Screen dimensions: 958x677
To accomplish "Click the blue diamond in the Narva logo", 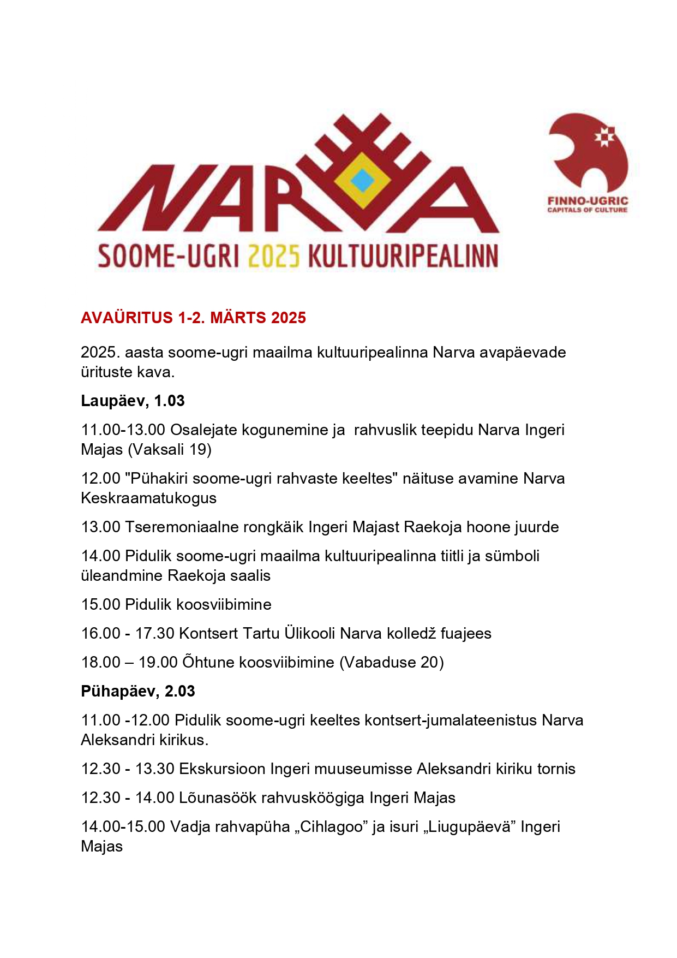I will coord(362,181).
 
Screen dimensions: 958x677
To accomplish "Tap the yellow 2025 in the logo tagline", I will coord(274,256).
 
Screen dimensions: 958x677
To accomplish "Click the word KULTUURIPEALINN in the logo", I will coord(403,256).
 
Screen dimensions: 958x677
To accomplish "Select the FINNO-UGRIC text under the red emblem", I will coord(588,201).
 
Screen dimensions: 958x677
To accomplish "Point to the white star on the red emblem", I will coord(604,136).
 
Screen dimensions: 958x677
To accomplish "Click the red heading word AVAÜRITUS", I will coord(127,318).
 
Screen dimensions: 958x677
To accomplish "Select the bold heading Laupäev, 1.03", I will coord(133,401).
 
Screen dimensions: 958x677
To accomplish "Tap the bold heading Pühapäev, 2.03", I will coord(137,691).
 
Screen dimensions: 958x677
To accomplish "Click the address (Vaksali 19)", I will coord(170,449).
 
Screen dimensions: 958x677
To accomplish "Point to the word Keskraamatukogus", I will coord(148,498).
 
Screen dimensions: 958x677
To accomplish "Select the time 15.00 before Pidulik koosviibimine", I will coord(100,604).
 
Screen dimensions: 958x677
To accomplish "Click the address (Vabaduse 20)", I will coord(392,662).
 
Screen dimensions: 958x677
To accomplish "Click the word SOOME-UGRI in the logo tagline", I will coord(168,256).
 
